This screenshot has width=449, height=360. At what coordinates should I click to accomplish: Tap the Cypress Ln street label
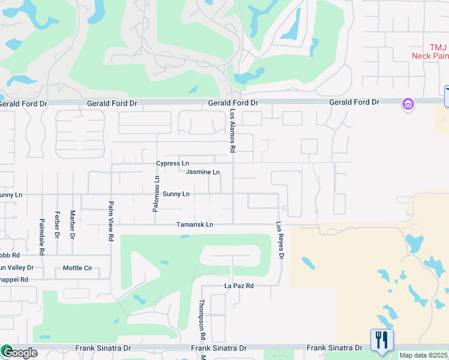point(172,163)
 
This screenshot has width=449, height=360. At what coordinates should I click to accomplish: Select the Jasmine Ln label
point(202,172)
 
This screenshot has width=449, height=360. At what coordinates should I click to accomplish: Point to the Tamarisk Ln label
point(194,225)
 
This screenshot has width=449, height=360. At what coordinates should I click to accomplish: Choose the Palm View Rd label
point(111,221)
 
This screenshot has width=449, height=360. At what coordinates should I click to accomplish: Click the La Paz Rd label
point(239,286)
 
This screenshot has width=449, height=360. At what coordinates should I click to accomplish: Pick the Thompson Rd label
point(202,320)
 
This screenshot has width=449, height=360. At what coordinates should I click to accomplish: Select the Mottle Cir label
point(77,268)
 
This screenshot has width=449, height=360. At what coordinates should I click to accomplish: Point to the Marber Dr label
point(72,224)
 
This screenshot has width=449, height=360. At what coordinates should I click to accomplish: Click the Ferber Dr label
point(57,224)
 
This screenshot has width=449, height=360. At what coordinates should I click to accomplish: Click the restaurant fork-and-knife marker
point(382,340)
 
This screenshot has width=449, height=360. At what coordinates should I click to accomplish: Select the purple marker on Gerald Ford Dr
point(408,104)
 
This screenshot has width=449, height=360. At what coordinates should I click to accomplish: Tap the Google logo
point(19,353)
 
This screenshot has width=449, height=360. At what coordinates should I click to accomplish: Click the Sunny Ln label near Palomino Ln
point(176,194)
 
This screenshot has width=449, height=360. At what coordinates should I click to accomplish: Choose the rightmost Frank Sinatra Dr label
point(334,348)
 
